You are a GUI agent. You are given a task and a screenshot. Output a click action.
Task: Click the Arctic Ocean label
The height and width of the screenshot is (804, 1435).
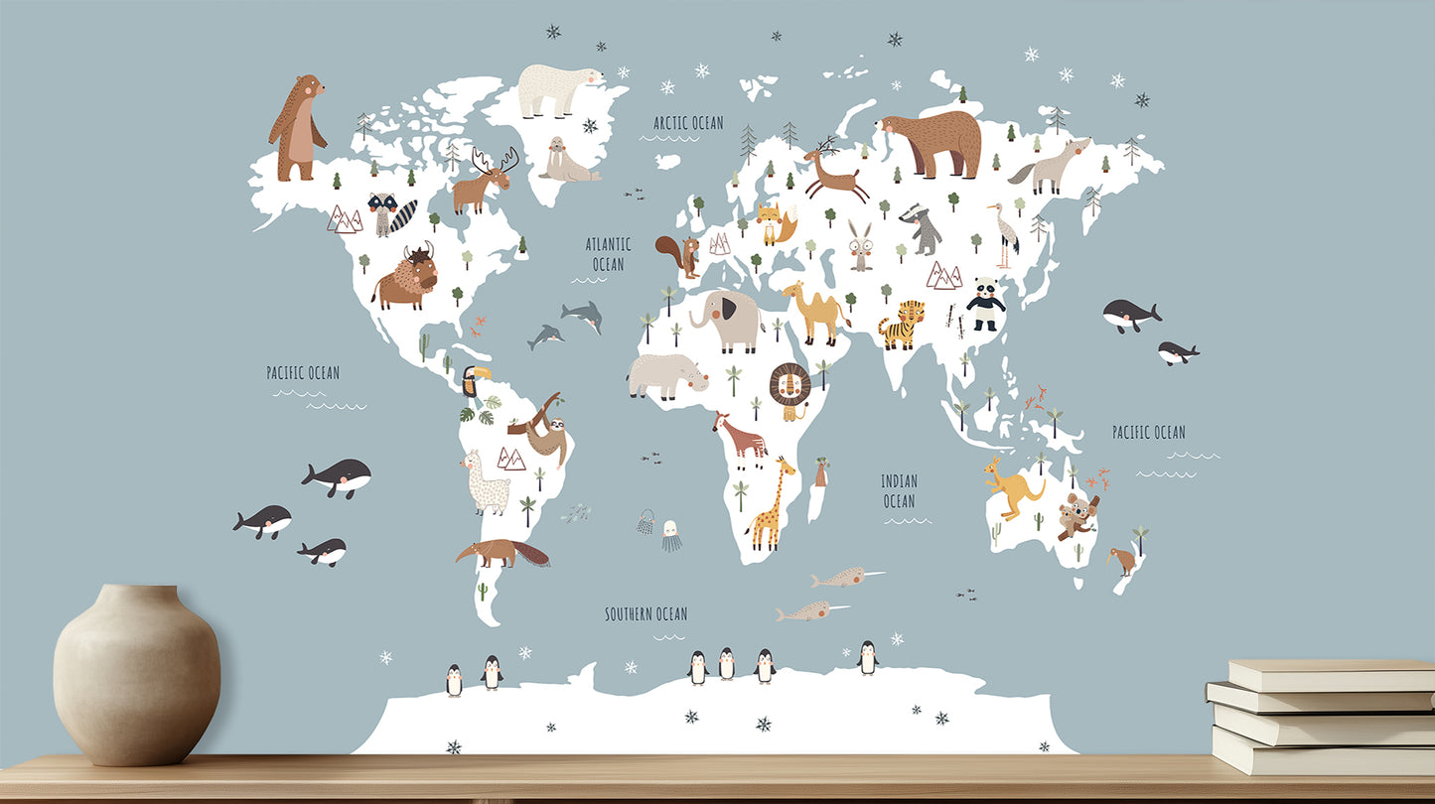pos(688,123)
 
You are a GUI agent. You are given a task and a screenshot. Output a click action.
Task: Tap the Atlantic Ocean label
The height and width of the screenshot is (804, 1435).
pos(608,254)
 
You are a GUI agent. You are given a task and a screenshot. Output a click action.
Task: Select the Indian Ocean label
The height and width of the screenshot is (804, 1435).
pos(899,491)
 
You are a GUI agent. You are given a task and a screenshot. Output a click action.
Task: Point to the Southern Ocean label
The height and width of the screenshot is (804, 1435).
pos(646,614)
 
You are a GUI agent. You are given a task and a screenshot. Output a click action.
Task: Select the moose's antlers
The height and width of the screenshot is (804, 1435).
pos(496,159)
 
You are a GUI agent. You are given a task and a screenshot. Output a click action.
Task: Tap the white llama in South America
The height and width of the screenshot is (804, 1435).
pos(486,482)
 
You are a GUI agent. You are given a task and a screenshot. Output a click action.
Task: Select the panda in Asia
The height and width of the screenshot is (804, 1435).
pos(984,304)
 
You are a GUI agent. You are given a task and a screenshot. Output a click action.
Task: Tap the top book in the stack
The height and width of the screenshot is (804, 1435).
pos(1331,674)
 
